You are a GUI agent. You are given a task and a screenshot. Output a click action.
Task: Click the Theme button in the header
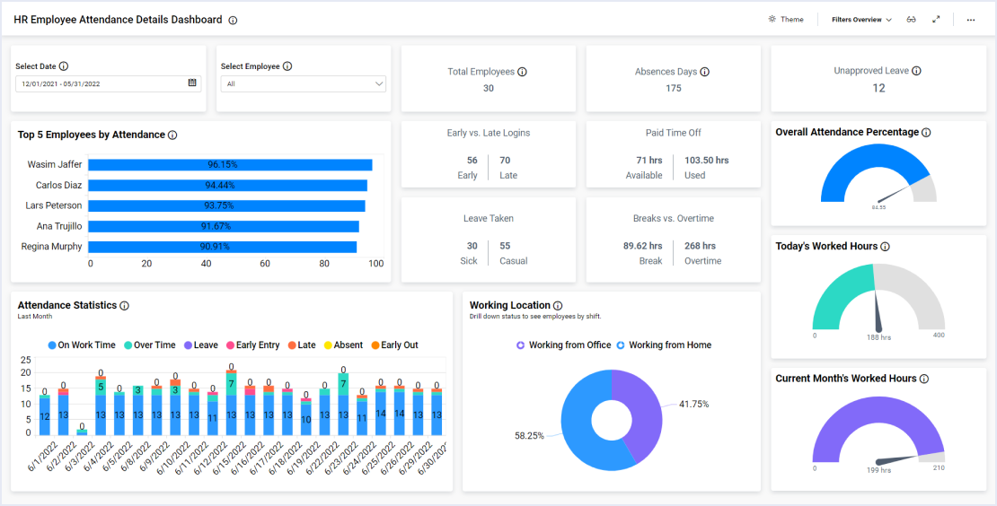tap(786, 20)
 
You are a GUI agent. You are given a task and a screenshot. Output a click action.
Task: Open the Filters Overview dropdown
tap(861, 20)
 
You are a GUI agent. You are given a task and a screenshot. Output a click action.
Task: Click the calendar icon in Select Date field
tap(192, 83)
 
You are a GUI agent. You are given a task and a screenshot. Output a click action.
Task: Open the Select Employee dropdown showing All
tap(304, 83)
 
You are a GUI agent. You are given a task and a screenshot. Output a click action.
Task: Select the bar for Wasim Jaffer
tap(230, 165)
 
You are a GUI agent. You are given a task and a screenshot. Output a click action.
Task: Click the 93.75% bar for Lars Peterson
tap(226, 205)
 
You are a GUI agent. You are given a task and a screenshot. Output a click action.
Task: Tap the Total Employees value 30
tap(488, 88)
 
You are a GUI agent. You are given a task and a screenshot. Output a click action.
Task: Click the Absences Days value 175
tap(674, 88)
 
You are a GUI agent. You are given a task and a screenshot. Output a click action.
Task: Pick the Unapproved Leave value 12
tap(878, 88)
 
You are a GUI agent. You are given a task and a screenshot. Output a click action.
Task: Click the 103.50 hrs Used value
tap(706, 161)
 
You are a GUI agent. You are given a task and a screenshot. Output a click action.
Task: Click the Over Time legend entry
tap(150, 345)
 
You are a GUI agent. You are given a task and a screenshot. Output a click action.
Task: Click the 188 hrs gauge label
tap(878, 337)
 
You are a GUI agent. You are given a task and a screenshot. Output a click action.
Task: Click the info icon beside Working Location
tap(558, 306)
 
